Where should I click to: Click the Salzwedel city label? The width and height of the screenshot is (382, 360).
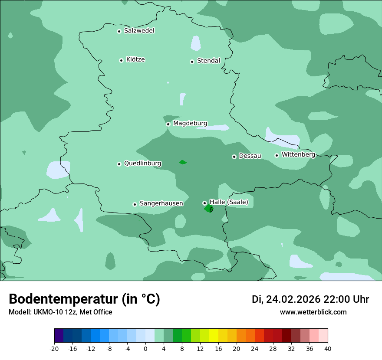(x=139, y=31)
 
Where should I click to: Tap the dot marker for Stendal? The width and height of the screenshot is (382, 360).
(x=192, y=62)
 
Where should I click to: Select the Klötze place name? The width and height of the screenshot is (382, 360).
(x=135, y=60)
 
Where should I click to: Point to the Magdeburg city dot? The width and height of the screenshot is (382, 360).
(x=168, y=124)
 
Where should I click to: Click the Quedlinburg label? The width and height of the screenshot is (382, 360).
(x=142, y=164)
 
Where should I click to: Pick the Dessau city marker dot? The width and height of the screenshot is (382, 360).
(x=234, y=157)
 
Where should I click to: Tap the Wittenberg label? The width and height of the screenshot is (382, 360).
(x=298, y=154)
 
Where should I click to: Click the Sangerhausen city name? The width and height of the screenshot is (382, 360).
(x=161, y=203)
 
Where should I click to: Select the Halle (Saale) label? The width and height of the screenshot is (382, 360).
(x=229, y=202)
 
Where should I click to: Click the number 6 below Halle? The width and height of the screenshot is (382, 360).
(x=211, y=210)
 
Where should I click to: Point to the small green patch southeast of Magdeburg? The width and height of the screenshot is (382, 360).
(x=183, y=162)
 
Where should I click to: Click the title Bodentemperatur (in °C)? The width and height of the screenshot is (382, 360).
(x=84, y=299)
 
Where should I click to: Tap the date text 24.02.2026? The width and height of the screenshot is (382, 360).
(x=293, y=299)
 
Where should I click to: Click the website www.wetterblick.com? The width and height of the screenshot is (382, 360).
(x=313, y=312)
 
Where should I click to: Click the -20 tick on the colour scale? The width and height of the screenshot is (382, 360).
(x=54, y=349)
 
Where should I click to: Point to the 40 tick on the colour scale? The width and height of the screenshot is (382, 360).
(x=327, y=349)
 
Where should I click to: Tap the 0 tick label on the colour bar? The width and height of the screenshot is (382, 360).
(x=145, y=349)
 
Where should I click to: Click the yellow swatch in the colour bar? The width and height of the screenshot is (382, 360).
(x=214, y=336)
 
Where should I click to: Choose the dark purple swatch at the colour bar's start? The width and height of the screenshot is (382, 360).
(x=59, y=336)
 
